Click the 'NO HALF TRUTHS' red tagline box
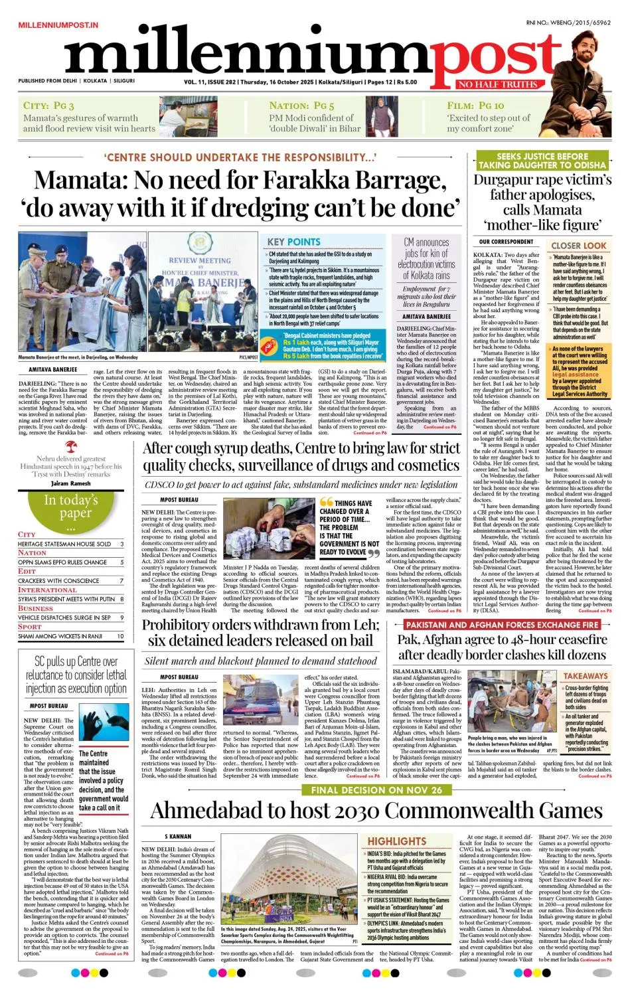pyautogui.click(x=497, y=84)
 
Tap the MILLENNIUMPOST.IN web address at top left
pyautogui.click(x=58, y=25)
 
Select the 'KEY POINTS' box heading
pyautogui.click(x=293, y=242)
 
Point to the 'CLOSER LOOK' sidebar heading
pyautogui.click(x=578, y=245)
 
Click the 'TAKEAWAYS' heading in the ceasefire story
pyautogui.click(x=585, y=675)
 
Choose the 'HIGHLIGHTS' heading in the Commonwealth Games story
pyautogui.click(x=397, y=841)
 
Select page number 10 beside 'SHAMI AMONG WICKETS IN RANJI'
pyautogui.click(x=120, y=636)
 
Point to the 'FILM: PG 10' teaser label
pyautogui.click(x=475, y=105)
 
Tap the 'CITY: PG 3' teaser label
pyautogui.click(x=48, y=105)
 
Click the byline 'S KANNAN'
pyautogui.click(x=178, y=837)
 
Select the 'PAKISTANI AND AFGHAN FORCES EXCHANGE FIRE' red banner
pyautogui.click(x=502, y=625)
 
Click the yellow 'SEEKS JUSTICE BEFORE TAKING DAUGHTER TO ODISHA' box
pyautogui.click(x=542, y=160)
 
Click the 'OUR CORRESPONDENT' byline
pyautogui.click(x=506, y=242)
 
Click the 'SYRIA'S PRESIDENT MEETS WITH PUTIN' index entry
pyautogui.click(x=66, y=599)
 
